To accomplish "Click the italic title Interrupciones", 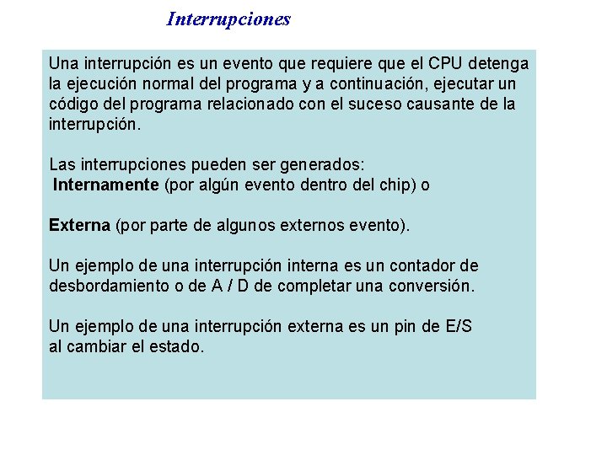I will click(228, 19).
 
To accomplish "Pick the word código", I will click(73, 104).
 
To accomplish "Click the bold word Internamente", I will click(105, 185).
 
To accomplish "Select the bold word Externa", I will click(79, 225).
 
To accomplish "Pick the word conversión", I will click(432, 286).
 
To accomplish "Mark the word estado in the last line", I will click(176, 346).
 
